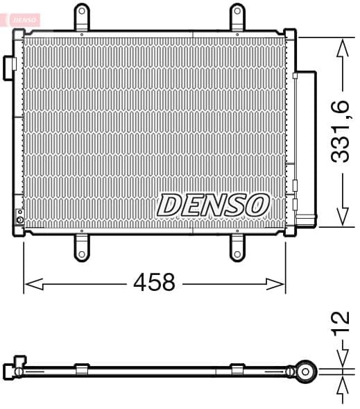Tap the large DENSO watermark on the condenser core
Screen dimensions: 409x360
click(213, 205)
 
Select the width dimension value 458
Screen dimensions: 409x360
click(155, 283)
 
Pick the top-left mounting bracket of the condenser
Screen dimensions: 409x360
click(82, 17)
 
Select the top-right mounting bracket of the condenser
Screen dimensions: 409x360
click(237, 17)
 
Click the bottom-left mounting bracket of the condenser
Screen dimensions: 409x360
click(82, 248)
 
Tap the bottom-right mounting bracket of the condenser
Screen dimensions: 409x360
click(237, 248)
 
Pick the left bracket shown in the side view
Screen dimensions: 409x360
click(82, 369)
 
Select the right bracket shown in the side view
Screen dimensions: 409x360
click(237, 369)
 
